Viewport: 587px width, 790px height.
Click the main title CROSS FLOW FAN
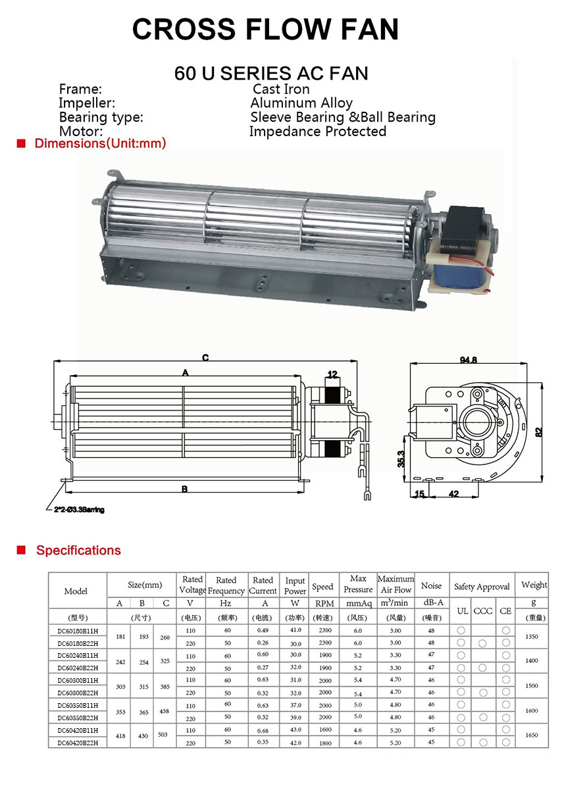tap(265, 29)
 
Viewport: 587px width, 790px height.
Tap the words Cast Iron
tap(281, 89)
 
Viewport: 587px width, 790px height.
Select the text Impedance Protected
tap(317, 132)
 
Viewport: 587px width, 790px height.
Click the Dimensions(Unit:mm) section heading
tap(100, 143)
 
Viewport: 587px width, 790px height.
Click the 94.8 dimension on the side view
tap(469, 360)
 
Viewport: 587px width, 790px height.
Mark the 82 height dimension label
tap(538, 432)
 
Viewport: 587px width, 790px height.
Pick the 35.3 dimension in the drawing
tap(400, 458)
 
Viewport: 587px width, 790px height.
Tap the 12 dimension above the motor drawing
tap(332, 375)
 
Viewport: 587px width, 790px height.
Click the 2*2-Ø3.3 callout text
tap(79, 510)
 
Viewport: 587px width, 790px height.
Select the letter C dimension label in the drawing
tap(205, 358)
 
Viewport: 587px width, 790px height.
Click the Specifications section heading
tap(78, 551)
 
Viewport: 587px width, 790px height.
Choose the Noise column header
tap(431, 585)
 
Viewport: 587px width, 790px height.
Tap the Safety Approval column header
tap(482, 587)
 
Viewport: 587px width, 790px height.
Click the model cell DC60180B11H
tap(77, 630)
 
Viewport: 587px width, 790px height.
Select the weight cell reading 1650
tap(531, 736)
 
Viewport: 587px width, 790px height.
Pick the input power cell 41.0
tap(295, 630)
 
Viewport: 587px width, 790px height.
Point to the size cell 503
tap(165, 736)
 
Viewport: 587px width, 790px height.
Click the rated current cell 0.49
tap(263, 630)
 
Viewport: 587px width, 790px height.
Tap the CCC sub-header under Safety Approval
tap(482, 611)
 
